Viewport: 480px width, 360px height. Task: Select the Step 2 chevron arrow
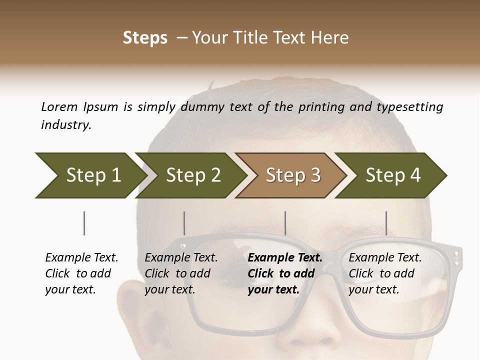coord(192,175)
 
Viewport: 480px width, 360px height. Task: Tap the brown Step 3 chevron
coord(292,175)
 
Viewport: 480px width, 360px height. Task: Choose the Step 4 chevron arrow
coord(392,175)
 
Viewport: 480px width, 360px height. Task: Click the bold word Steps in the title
coord(145,37)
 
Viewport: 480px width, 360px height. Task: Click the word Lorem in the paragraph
coord(59,106)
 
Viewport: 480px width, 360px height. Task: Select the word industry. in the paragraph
coord(66,125)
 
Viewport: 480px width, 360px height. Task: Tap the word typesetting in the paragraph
coord(409,107)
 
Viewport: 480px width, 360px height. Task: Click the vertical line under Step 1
coord(84,223)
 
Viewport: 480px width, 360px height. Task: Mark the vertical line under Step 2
coord(184,223)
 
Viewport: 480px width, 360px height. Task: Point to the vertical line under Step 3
coord(285,223)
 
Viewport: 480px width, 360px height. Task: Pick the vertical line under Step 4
coord(386,223)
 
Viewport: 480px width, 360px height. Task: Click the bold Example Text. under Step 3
coord(285,257)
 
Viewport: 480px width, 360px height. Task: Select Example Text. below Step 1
coord(81,257)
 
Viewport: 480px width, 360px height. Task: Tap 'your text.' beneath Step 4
coord(373,289)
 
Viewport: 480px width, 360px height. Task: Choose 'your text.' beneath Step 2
coord(169,289)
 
